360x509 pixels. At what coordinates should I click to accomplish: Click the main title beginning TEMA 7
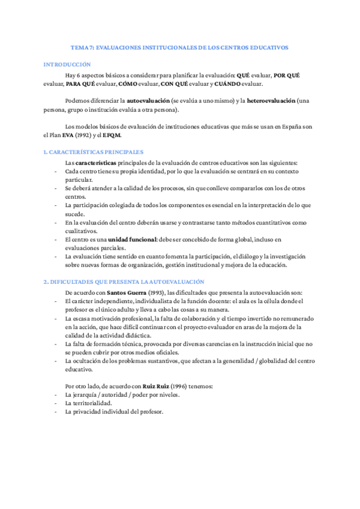click(x=179, y=46)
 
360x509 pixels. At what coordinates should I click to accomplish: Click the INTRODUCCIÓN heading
click(x=67, y=64)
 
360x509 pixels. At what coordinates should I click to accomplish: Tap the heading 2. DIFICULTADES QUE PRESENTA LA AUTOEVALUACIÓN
click(x=124, y=282)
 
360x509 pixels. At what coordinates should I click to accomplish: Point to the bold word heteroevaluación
click(x=271, y=101)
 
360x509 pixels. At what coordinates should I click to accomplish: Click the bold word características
click(x=97, y=163)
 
